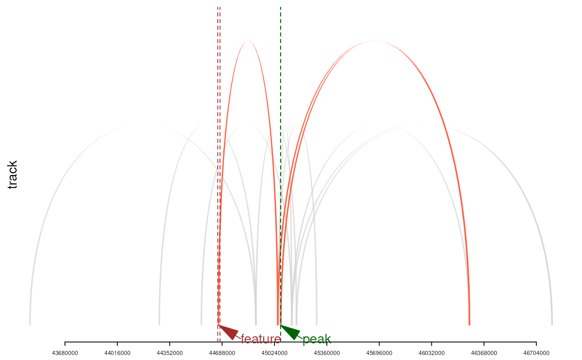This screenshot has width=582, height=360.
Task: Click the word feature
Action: coord(261,339)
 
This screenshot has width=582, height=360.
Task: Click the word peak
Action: coord(317,339)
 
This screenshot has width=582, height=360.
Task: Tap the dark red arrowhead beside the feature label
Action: coord(228,332)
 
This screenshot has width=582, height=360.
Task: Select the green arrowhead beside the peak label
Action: coord(290,332)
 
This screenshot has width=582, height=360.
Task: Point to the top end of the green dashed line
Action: coord(281,7)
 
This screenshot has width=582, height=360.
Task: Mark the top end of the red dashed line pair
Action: coord(219,7)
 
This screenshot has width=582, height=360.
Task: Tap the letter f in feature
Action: coord(242,339)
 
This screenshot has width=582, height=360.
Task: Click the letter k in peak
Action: coord(328,339)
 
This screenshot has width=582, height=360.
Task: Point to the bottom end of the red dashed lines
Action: coord(219,342)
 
